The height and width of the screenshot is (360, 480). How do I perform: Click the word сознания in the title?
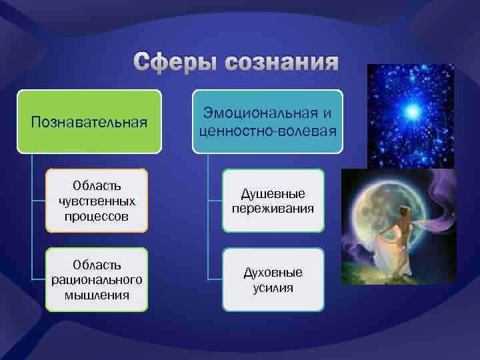(x=282, y=63)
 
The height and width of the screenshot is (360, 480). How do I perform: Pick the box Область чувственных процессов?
(x=97, y=200)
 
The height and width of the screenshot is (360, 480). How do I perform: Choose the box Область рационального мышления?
(x=97, y=279)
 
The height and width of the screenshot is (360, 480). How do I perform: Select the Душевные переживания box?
(x=273, y=201)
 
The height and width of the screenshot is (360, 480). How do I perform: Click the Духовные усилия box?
(x=273, y=279)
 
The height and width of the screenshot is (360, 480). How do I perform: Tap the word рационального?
(x=97, y=279)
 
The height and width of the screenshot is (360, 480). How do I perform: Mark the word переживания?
(x=273, y=208)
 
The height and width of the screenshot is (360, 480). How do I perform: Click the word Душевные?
(x=273, y=193)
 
